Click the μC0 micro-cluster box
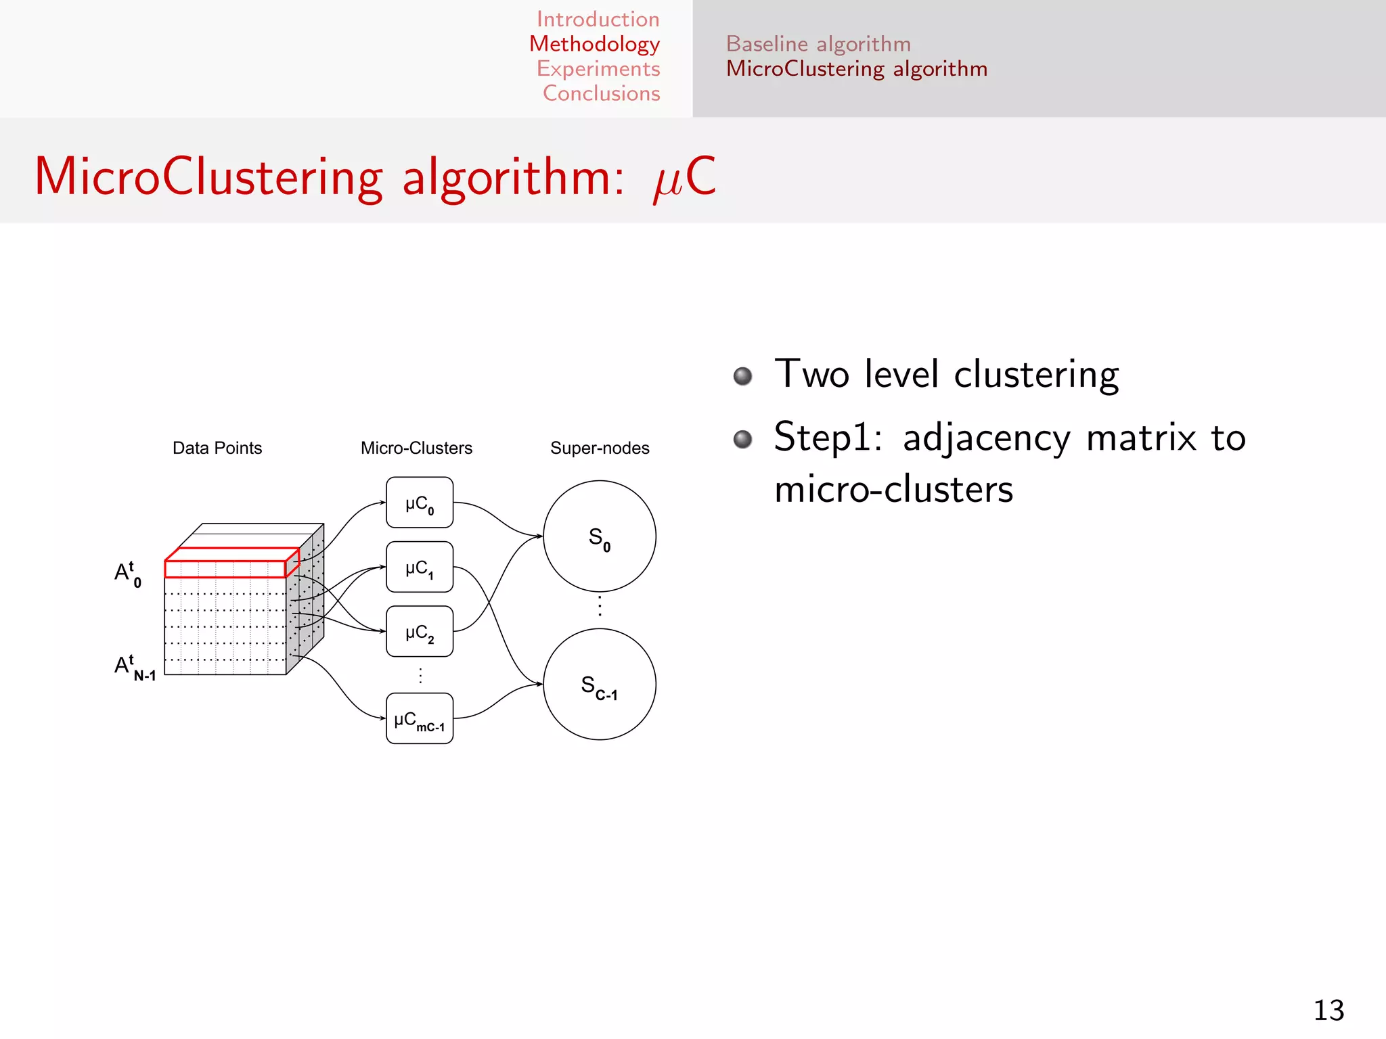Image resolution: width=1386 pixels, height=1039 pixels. pyautogui.click(x=420, y=503)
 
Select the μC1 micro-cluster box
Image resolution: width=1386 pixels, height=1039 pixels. pyautogui.click(x=420, y=567)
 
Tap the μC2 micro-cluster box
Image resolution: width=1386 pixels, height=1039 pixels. pyautogui.click(x=420, y=631)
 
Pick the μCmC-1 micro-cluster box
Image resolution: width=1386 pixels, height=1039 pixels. pyautogui.click(x=420, y=718)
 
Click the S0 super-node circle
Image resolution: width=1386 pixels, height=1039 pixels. pyautogui.click(x=600, y=536)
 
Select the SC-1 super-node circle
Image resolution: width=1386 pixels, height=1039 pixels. pyautogui.click(x=600, y=685)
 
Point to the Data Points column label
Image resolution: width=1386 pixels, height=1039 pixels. pyautogui.click(x=217, y=448)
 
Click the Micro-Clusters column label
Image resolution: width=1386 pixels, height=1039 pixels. pyautogui.click(x=416, y=448)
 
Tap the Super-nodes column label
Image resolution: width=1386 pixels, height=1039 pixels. pyautogui.click(x=600, y=448)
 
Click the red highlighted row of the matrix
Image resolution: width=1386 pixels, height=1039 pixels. pyautogui.click(x=225, y=568)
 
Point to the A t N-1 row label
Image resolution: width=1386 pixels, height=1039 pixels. pyautogui.click(x=135, y=667)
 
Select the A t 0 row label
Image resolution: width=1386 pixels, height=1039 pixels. pyautogui.click(x=128, y=574)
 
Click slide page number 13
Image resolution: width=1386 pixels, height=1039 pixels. pyautogui.click(x=1328, y=1011)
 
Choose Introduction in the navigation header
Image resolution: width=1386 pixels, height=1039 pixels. pyautogui.click(x=598, y=19)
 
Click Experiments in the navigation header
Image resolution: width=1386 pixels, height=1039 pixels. pyautogui.click(x=598, y=68)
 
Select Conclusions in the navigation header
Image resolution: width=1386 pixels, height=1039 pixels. pyautogui.click(x=601, y=93)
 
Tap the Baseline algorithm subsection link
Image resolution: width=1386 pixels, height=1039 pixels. pyautogui.click(x=818, y=44)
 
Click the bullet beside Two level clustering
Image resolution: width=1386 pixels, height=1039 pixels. pyautogui.click(x=743, y=375)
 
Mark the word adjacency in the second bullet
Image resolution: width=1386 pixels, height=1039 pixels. pyautogui.click(x=987, y=438)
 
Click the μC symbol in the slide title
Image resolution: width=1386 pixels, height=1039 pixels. pyautogui.click(x=684, y=177)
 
